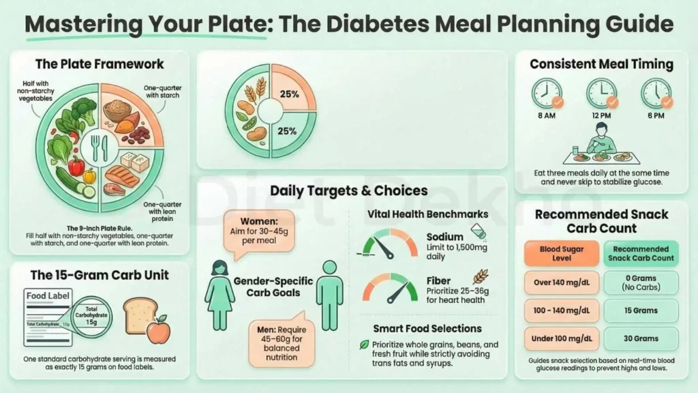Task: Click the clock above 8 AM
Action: coord(547,93)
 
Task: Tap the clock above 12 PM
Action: coord(601,93)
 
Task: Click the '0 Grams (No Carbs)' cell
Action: coord(640,282)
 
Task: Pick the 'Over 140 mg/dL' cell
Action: coord(562,282)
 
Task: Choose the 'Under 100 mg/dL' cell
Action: coord(562,338)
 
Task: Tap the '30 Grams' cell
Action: coord(640,338)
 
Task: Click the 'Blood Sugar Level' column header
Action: coord(562,254)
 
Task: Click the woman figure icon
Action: coord(220,293)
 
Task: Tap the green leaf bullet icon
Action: coord(364,345)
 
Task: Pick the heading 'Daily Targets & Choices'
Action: coord(348,190)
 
